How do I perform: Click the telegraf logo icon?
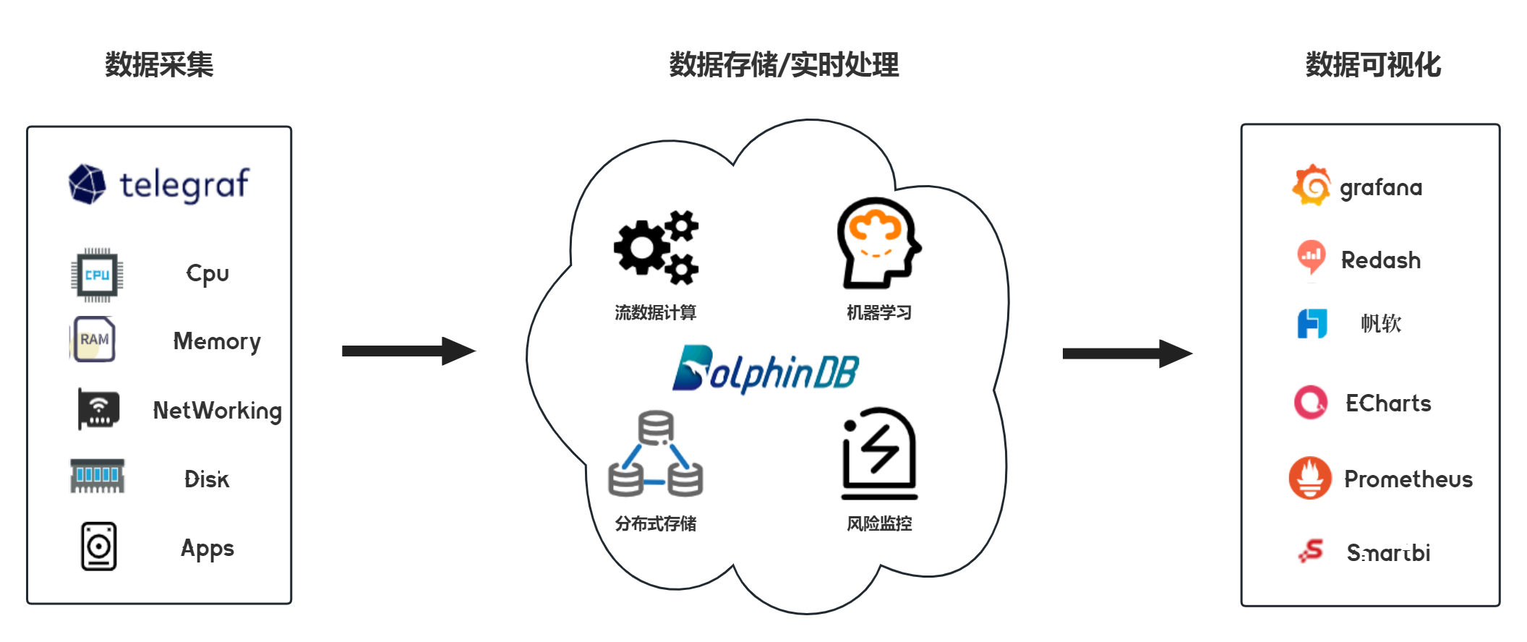tap(87, 184)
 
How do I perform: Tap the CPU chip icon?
tap(97, 275)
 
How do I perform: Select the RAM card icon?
tap(93, 339)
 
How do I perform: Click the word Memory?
tap(217, 341)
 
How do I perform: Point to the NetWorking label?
tap(217, 411)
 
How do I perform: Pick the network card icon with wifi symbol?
tap(98, 409)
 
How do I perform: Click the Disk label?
tap(207, 479)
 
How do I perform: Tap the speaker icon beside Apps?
tap(98, 547)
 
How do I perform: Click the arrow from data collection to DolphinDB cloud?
tap(408, 351)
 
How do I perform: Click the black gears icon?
tap(656, 247)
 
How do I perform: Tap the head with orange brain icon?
tap(878, 243)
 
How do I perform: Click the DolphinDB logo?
tap(765, 370)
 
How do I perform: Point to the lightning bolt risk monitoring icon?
tap(879, 453)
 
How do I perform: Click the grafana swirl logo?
tap(1311, 185)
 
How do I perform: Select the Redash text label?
tap(1380, 260)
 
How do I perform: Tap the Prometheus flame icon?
tap(1309, 477)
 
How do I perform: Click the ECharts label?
tap(1388, 403)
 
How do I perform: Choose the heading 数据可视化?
tap(1372, 65)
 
